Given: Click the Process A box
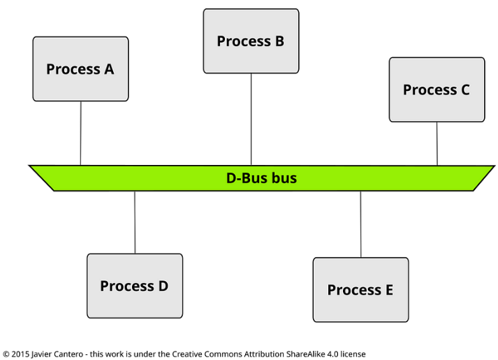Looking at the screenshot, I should (80, 69).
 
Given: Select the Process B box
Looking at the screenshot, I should (251, 41).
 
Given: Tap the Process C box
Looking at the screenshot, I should (437, 89).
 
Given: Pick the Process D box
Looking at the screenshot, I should (135, 286).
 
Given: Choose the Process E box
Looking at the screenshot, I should (360, 290).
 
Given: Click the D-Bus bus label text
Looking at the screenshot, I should (261, 178).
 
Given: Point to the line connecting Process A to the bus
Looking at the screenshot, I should (80, 133).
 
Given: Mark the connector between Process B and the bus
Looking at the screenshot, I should (251, 119).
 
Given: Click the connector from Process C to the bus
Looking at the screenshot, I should (437, 143).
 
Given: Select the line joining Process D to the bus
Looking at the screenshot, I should (135, 222).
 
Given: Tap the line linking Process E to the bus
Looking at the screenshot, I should (360, 224).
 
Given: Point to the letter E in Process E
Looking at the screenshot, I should (388, 290).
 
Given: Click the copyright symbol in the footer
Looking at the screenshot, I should (6, 354).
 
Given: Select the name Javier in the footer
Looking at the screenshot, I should (43, 354).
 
